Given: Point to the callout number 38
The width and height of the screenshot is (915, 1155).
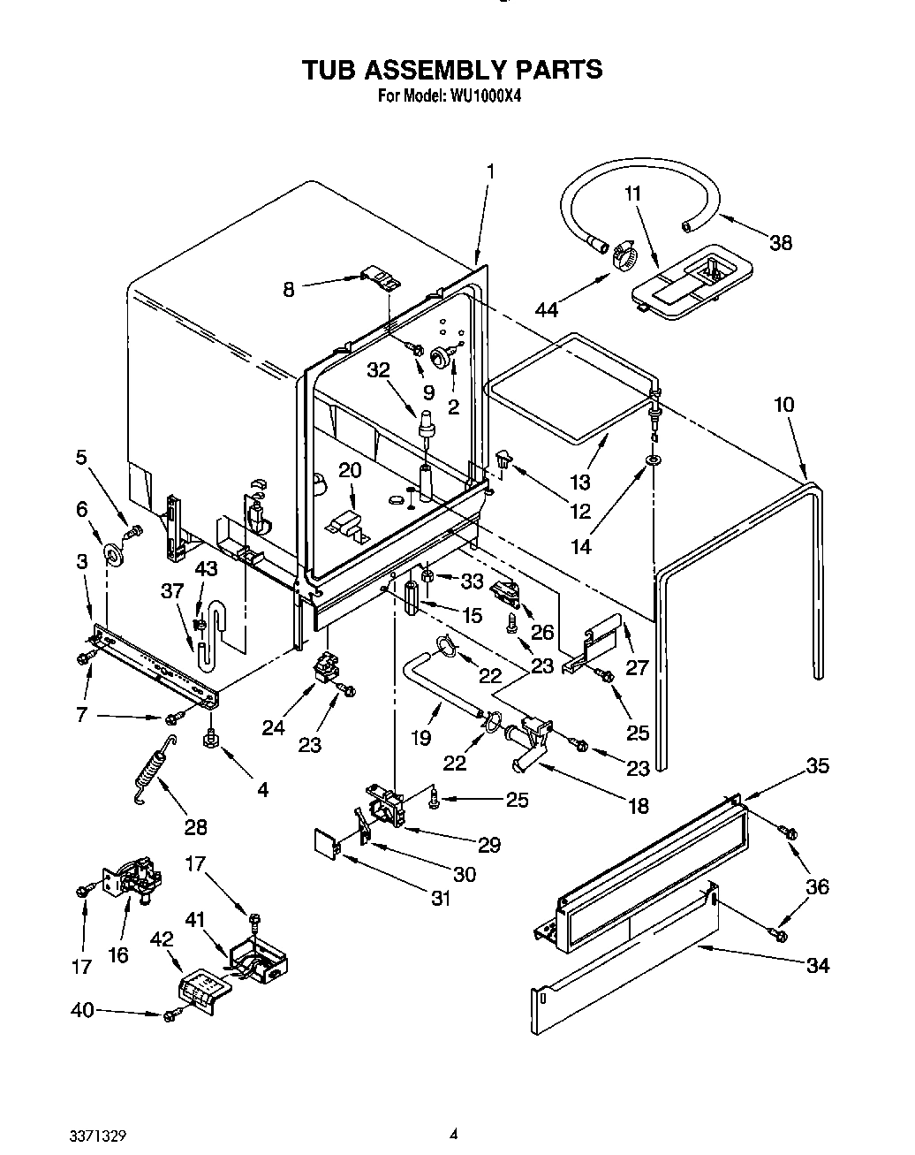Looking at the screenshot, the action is [x=780, y=242].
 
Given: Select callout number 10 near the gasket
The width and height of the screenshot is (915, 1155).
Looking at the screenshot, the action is [x=783, y=405].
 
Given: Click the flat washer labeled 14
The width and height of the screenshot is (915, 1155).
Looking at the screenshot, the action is [x=654, y=461].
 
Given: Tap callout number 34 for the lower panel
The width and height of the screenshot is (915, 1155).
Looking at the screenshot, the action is [x=818, y=965].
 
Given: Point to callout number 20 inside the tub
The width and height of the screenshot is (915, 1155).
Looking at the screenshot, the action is [x=350, y=470].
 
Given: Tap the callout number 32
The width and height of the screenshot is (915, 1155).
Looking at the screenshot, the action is [x=378, y=371].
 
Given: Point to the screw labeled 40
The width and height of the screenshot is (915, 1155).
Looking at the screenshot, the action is [x=169, y=1016].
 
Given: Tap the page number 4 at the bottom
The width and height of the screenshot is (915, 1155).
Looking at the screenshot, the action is [x=453, y=1132].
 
